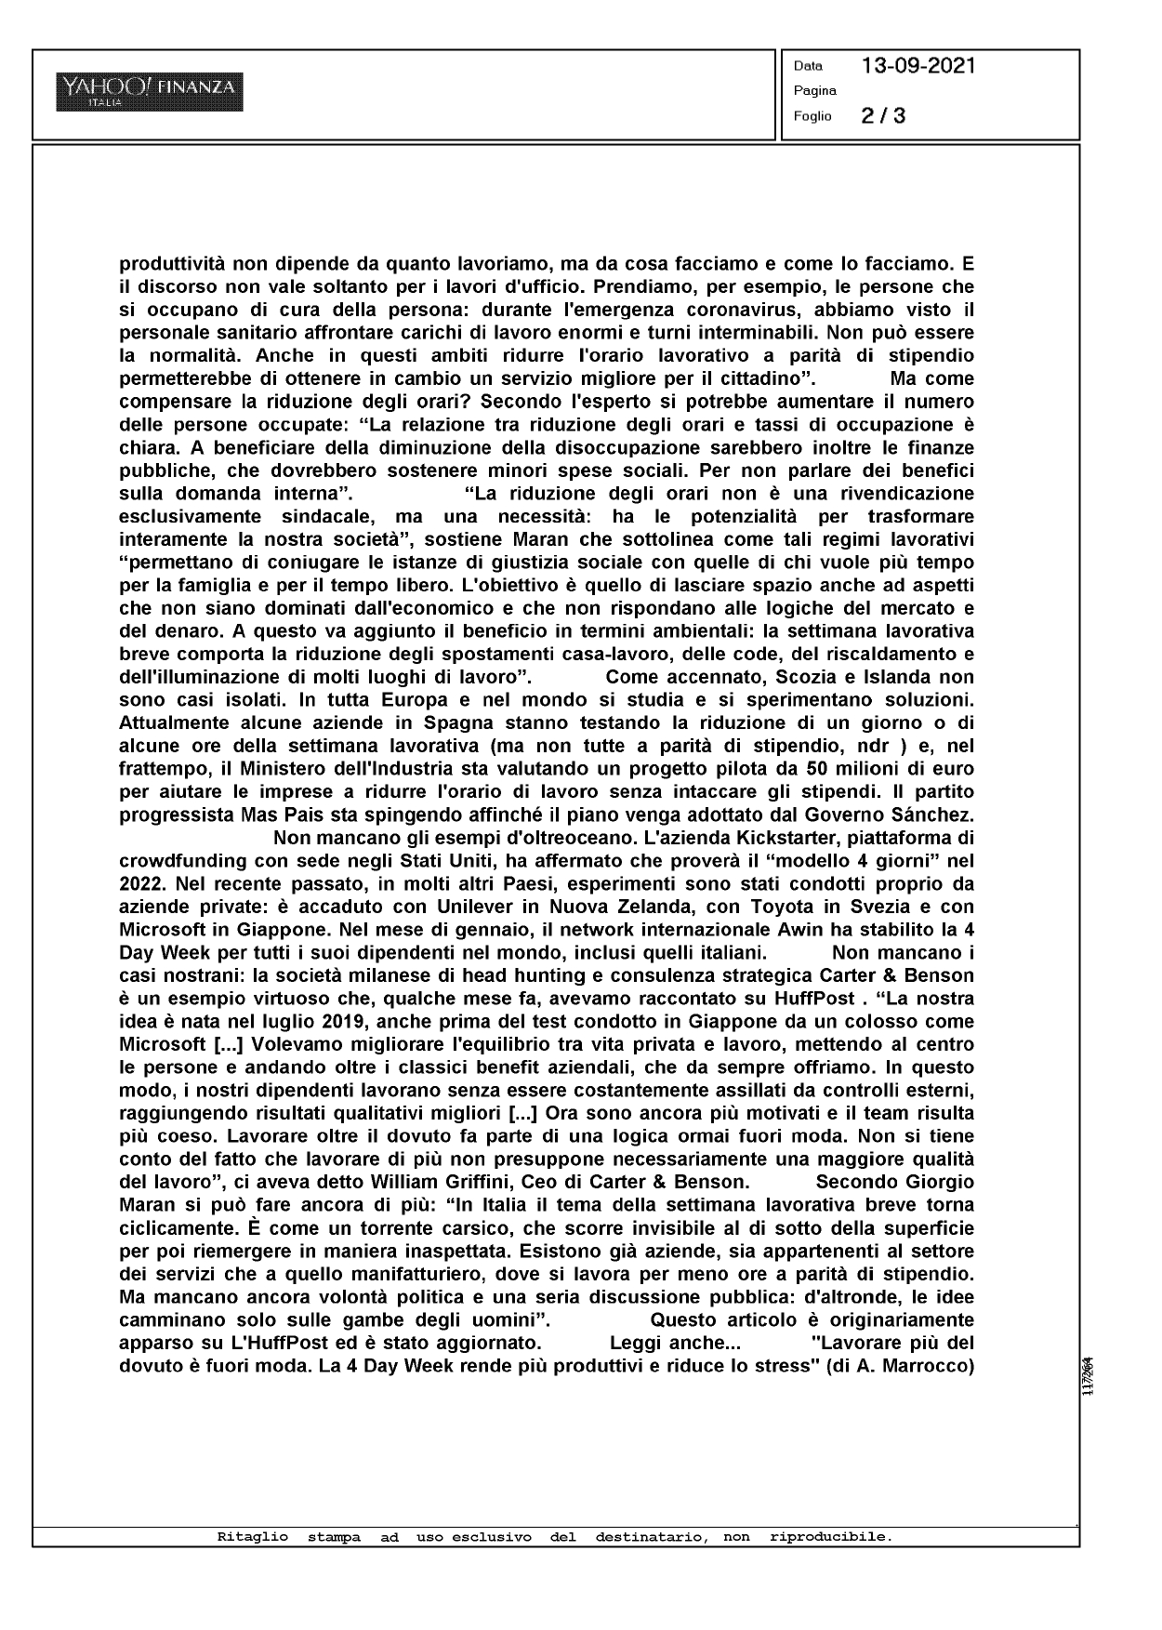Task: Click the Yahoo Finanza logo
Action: [150, 92]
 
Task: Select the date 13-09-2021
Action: [918, 66]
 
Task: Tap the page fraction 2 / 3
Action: [883, 116]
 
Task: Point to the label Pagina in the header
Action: [814, 91]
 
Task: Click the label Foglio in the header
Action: [812, 117]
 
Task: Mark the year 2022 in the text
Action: [139, 882]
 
